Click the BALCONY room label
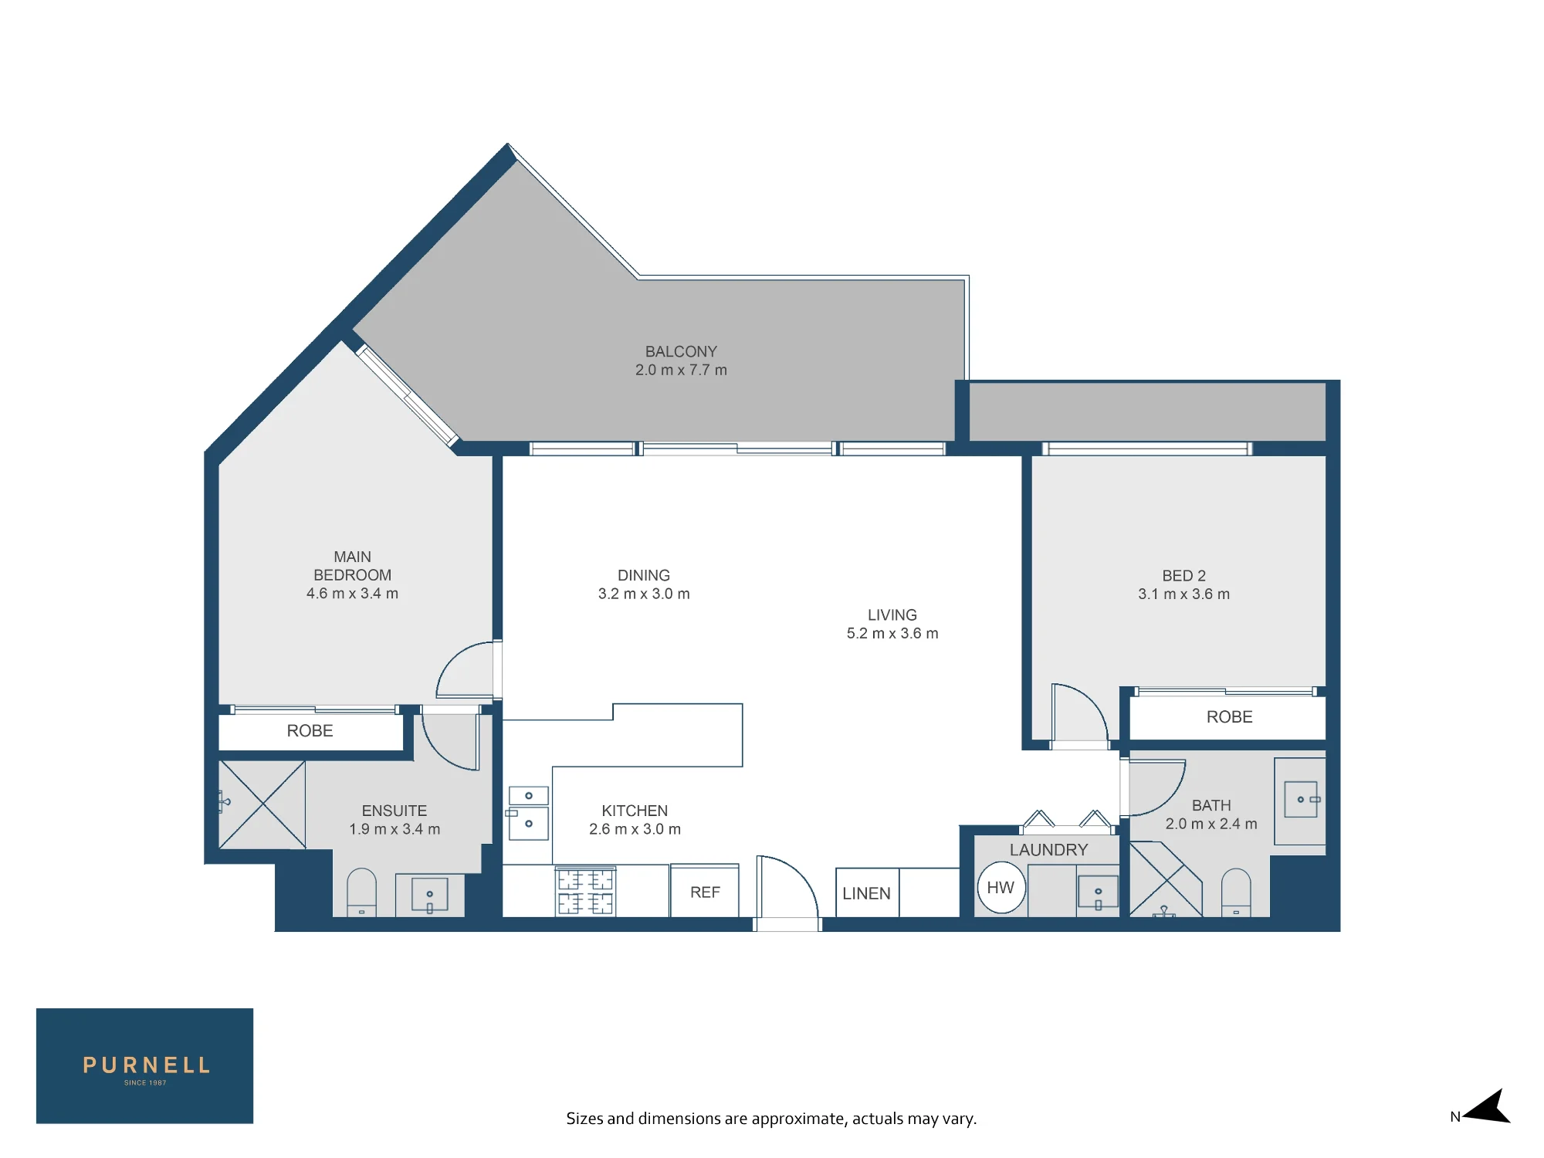[x=681, y=352]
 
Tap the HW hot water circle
[x=1001, y=888]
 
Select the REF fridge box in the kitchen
[x=705, y=891]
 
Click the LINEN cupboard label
[x=866, y=893]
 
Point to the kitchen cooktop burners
[x=586, y=892]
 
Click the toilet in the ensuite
[x=361, y=892]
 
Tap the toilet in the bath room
[x=1236, y=892]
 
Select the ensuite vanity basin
[x=430, y=896]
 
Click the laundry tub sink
[x=1098, y=894]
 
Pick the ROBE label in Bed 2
[x=1229, y=717]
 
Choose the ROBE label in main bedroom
[x=310, y=731]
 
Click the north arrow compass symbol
[x=1485, y=1108]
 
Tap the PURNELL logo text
[x=146, y=1065]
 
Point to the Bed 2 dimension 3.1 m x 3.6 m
[x=1183, y=594]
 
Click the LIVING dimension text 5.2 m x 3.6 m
[x=892, y=634]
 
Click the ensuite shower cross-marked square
[x=262, y=804]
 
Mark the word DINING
[x=644, y=576]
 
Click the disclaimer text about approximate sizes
[x=771, y=1119]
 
